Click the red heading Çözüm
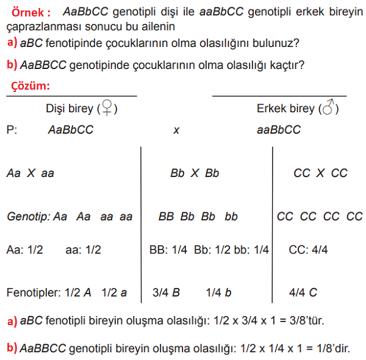(30, 86)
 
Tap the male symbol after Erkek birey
(329, 109)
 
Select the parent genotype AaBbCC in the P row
(71, 130)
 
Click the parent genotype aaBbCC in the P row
(279, 130)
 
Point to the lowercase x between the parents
(176, 131)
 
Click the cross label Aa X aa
(30, 173)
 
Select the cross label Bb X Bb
(194, 173)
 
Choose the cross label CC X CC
(320, 173)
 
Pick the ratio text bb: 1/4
(252, 250)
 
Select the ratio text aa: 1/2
(83, 250)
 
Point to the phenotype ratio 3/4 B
(166, 292)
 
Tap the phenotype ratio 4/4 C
(303, 292)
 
